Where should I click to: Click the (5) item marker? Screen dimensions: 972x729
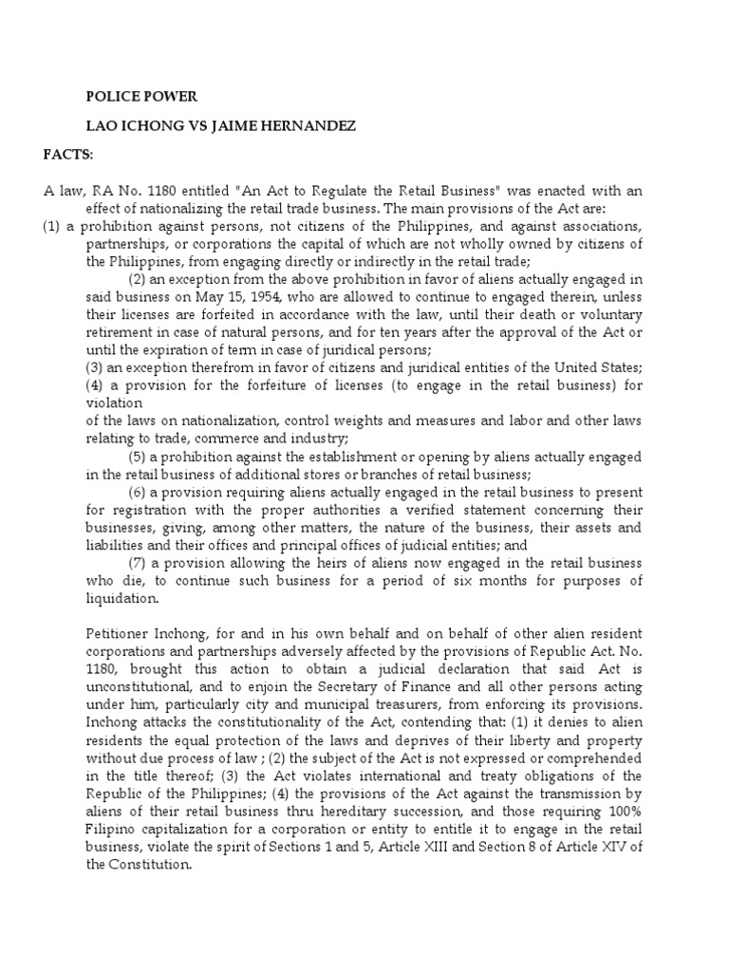139,457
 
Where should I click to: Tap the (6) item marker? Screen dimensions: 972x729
139,492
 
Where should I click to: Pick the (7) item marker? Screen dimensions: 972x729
139,563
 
